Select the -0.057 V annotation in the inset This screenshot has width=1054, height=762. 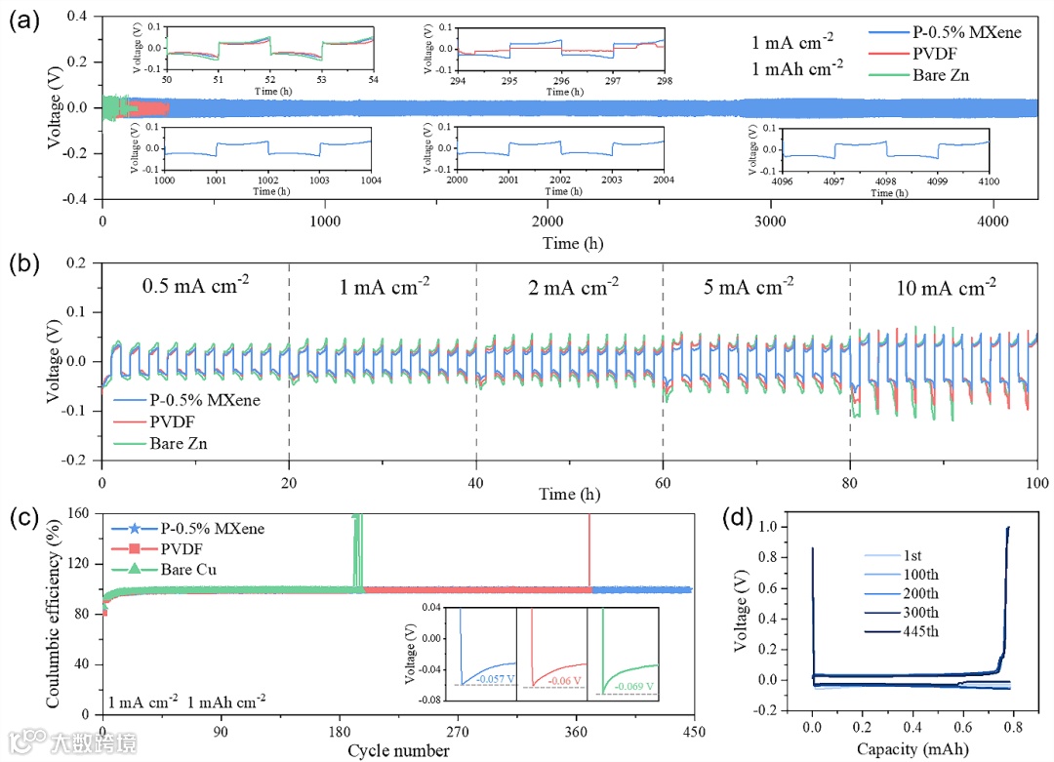[x=490, y=676]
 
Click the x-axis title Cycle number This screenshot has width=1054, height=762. [x=398, y=750]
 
